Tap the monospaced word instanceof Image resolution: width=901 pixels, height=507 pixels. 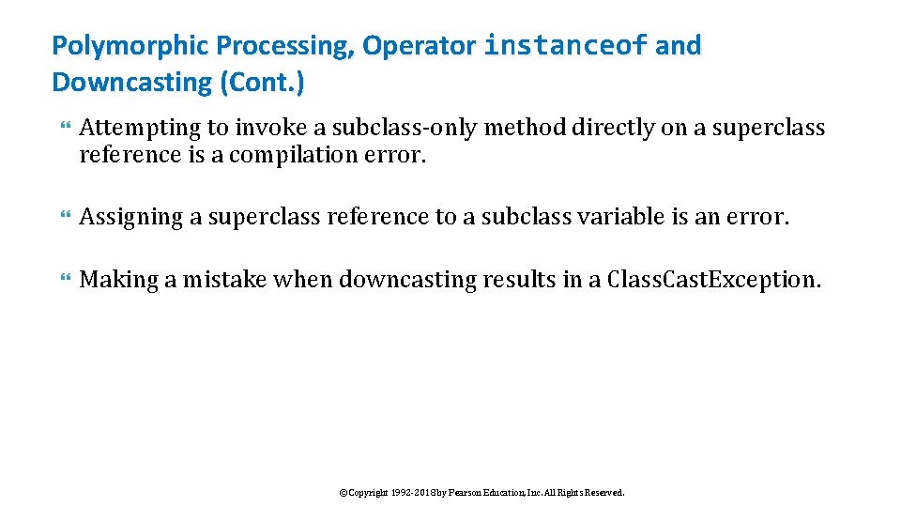tap(565, 45)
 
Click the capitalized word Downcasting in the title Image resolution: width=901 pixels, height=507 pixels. tap(132, 83)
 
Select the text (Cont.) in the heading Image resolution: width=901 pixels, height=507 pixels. tap(262, 83)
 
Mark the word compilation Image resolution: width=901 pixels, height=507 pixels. tap(284, 154)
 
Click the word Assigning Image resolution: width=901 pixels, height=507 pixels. tap(131, 217)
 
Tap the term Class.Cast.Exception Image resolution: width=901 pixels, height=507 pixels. tap(713, 280)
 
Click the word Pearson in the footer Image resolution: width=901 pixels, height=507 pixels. tap(458, 492)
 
